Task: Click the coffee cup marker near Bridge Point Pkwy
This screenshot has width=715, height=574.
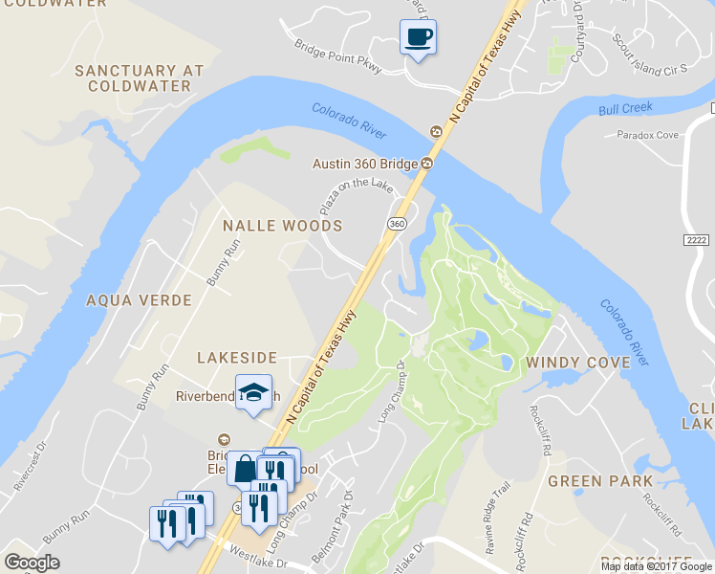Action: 418,38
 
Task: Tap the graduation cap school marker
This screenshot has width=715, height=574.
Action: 253,393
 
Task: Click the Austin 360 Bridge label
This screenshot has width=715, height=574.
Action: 365,164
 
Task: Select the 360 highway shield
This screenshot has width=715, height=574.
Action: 397,223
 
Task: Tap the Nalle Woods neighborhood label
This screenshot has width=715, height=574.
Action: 282,226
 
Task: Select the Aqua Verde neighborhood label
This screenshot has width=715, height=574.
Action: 139,300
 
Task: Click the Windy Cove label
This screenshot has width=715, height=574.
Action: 577,363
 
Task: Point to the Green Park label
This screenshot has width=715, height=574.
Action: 599,481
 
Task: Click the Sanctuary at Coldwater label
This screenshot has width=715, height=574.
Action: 139,77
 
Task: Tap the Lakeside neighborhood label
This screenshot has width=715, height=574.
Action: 236,358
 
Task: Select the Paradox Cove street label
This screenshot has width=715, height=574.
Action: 647,135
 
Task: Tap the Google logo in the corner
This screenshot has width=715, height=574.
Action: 32,563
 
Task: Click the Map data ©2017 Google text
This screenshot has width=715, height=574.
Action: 656,566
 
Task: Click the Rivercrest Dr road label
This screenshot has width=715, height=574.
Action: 30,467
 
